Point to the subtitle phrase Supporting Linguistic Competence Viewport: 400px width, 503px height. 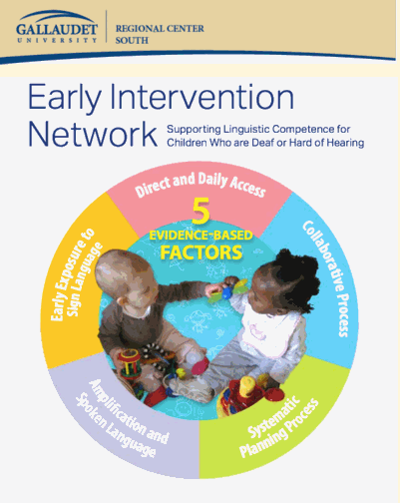264,129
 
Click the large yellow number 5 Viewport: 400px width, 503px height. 200,212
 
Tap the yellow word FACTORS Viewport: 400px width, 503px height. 201,251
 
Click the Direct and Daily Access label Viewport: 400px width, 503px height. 200,183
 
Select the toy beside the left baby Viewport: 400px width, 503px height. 130,364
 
